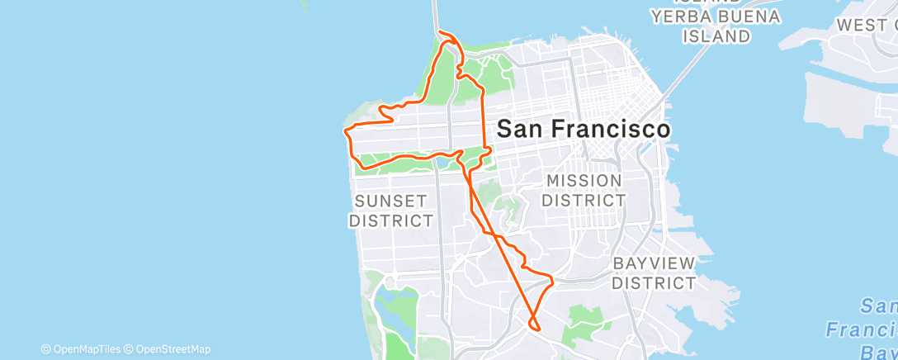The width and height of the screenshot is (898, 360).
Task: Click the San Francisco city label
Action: point(583,130)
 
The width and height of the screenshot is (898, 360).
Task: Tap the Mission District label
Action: point(583,190)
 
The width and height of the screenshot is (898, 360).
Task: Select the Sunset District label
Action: point(391,211)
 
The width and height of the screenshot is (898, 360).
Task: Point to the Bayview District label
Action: point(655,273)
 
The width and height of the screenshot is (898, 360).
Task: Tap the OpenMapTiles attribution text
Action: point(81,349)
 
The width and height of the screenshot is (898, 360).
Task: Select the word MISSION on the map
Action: point(584,180)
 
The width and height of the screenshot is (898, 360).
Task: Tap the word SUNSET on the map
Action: point(391,201)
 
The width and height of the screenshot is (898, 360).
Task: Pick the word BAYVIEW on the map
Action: point(655,263)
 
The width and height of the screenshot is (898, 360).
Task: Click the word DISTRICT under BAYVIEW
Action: point(655,283)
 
